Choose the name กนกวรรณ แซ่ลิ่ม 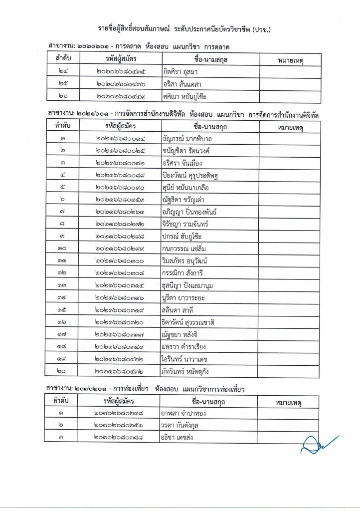(184, 249)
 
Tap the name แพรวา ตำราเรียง (183, 347)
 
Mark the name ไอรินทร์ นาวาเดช (184, 359)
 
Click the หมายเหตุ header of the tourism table (288, 402)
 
